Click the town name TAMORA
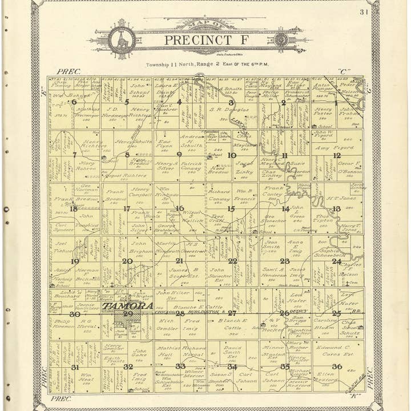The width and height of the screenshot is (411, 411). tap(128, 306)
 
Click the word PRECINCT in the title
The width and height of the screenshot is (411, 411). tap(190, 41)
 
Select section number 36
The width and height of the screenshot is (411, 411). tap(337, 366)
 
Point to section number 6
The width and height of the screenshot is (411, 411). tap(74, 102)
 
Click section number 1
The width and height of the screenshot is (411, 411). tap(336, 103)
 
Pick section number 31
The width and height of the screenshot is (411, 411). tap(75, 366)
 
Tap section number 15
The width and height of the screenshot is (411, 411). tap(231, 209)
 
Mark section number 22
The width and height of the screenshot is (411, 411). tap(232, 261)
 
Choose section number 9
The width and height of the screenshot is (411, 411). tap(179, 154)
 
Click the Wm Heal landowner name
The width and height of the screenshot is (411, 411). tap(87, 378)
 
